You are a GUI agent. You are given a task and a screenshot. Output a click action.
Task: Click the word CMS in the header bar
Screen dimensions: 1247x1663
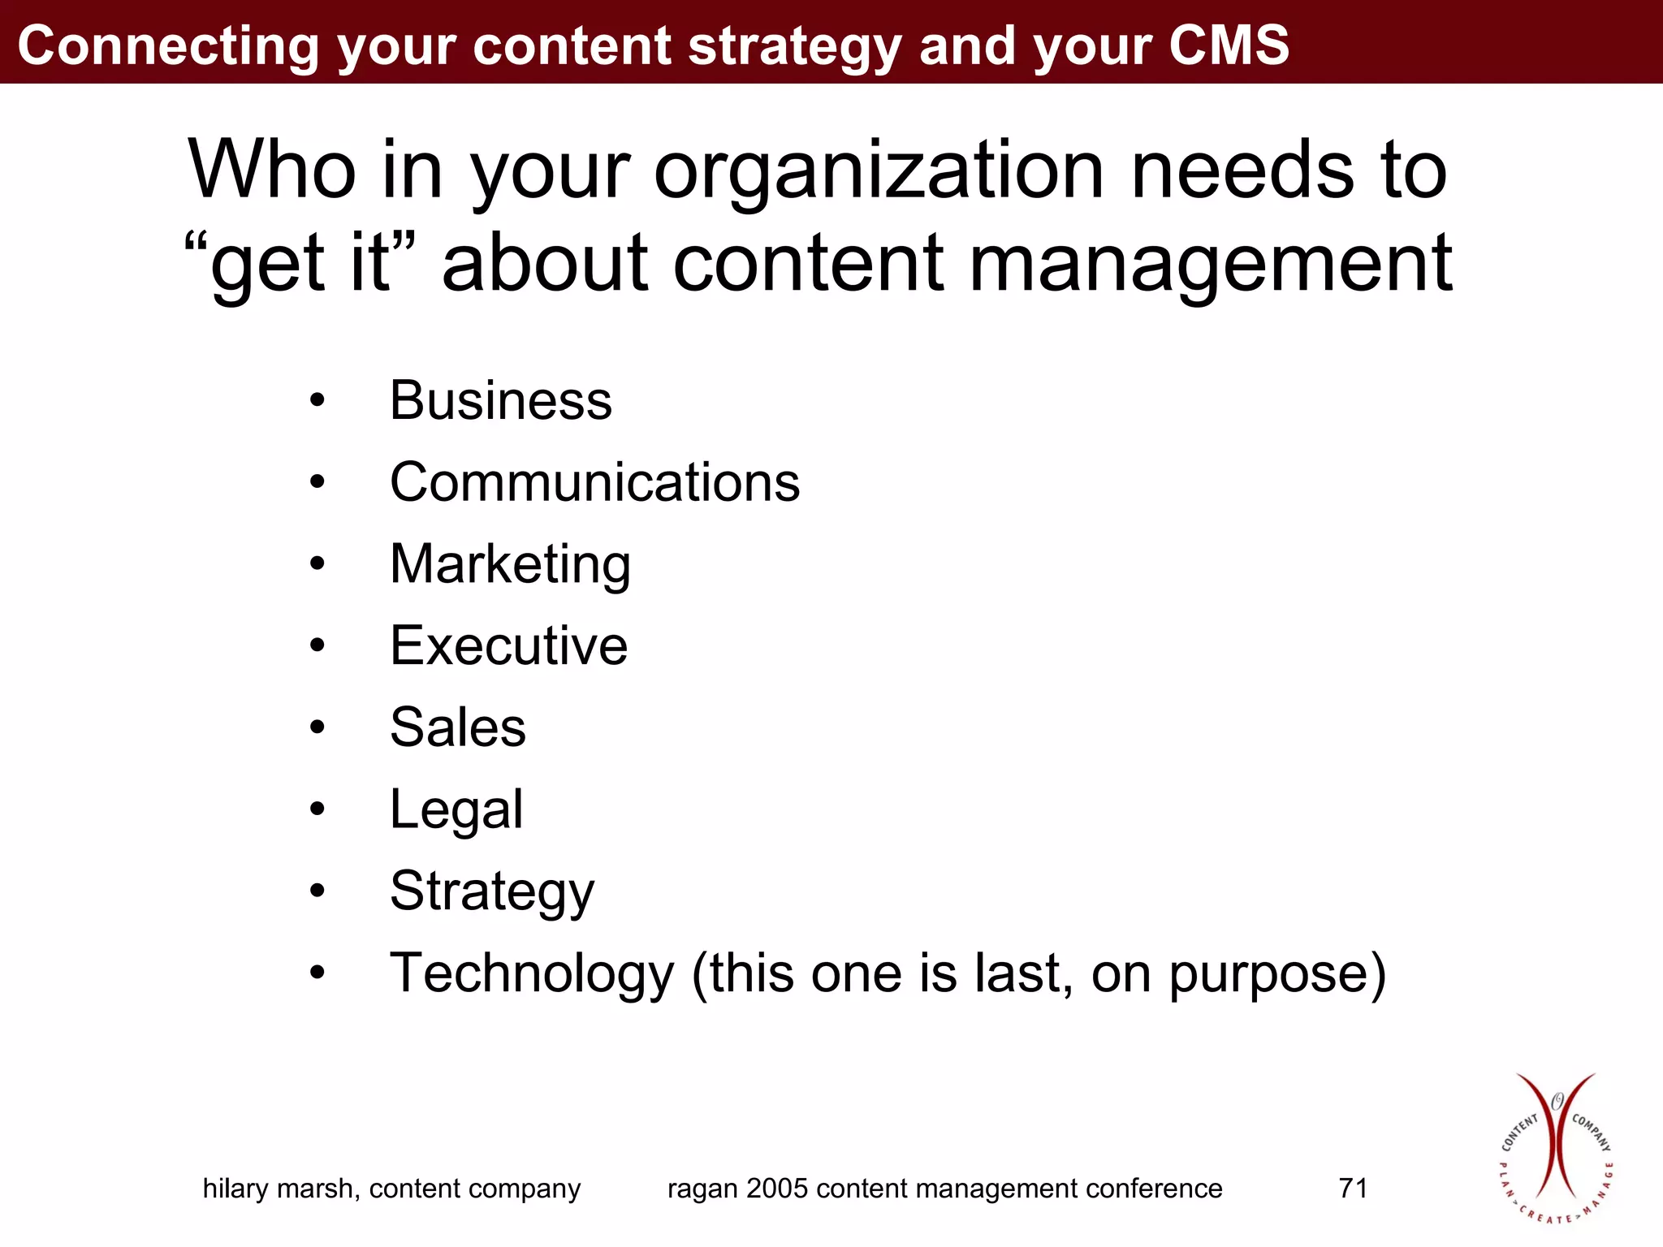click(x=1229, y=45)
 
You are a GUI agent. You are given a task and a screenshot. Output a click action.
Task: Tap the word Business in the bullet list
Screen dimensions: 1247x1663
click(x=500, y=400)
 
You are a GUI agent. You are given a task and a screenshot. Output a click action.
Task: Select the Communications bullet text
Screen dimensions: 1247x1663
click(x=594, y=482)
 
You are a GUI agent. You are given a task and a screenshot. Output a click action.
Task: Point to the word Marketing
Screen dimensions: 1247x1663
click(x=510, y=564)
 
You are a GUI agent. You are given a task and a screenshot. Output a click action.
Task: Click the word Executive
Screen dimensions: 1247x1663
click(x=508, y=646)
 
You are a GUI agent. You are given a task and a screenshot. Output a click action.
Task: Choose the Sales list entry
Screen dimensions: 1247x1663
click(x=458, y=727)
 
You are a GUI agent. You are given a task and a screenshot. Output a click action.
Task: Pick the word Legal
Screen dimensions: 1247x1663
click(x=456, y=809)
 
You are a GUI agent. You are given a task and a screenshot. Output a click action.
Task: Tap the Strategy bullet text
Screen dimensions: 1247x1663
click(x=492, y=891)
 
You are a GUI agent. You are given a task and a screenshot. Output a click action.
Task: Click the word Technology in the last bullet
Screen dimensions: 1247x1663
click(x=532, y=973)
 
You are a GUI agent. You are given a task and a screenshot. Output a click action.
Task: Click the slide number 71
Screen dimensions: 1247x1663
click(x=1353, y=1189)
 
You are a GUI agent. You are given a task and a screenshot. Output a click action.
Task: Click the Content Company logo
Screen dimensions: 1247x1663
click(x=1556, y=1148)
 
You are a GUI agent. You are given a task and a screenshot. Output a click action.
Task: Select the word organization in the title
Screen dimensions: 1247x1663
click(x=879, y=170)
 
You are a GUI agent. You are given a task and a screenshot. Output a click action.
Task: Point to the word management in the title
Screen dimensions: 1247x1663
click(x=1210, y=263)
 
